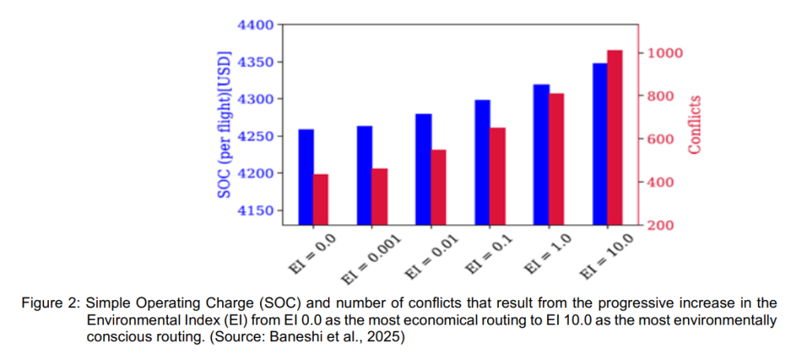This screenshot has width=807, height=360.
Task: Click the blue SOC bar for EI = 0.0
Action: [x=307, y=177]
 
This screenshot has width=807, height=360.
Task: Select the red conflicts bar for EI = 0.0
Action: [x=322, y=199]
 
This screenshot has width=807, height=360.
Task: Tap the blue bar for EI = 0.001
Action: [x=365, y=176]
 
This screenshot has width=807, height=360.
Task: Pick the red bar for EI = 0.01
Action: [x=439, y=187]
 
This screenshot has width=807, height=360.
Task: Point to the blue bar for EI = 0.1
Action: [x=483, y=162]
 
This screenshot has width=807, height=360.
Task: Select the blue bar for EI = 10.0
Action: [x=600, y=144]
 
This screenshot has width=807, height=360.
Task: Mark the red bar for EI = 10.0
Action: [x=615, y=138]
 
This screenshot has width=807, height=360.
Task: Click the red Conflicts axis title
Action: [x=695, y=124]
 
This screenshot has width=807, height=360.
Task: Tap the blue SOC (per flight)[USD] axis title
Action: [x=225, y=125]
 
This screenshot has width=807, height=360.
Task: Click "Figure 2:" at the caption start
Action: [x=50, y=304]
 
